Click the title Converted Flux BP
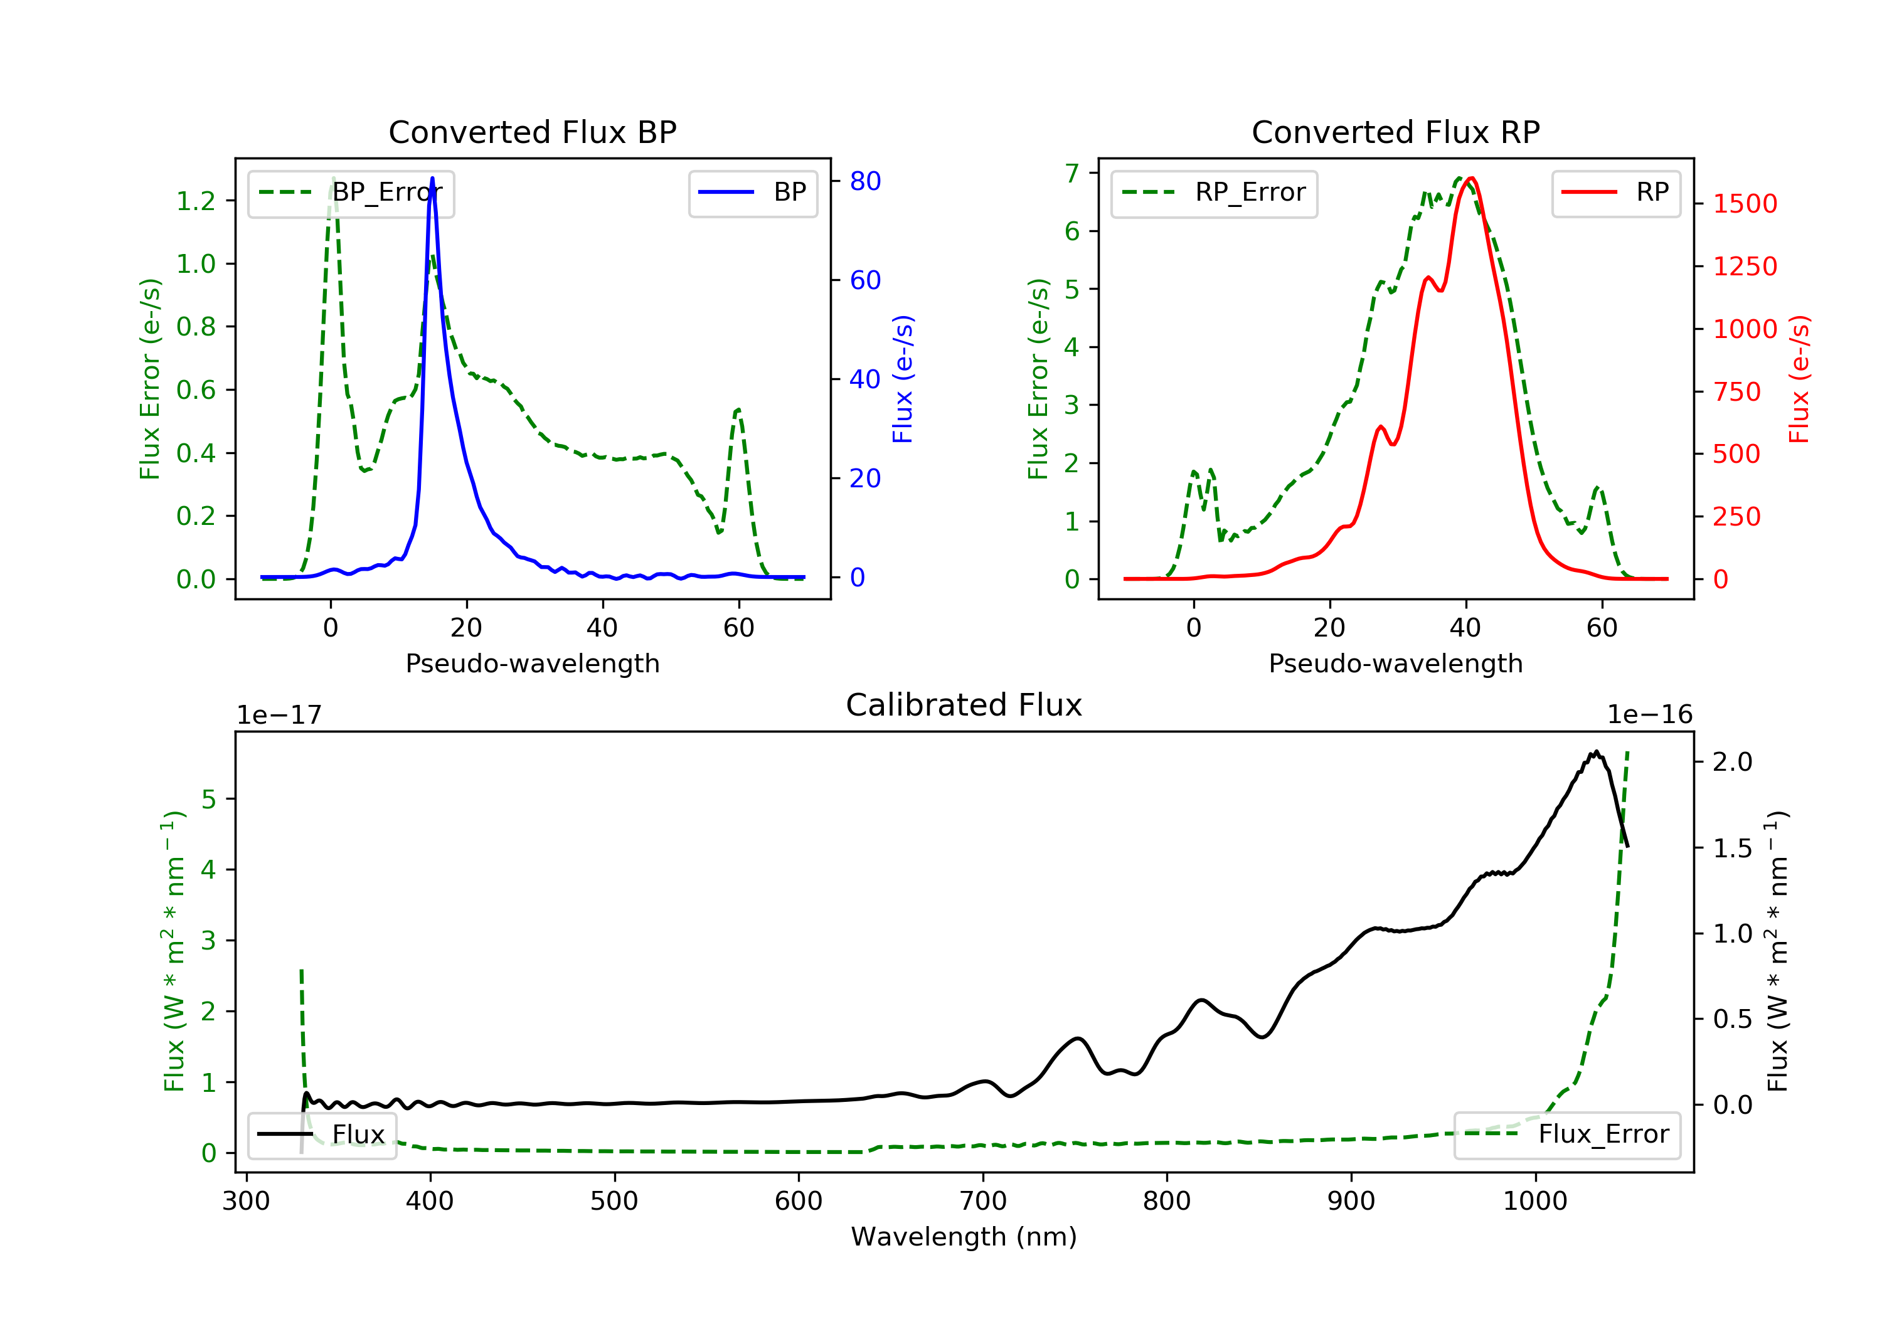[532, 132]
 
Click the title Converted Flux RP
[1395, 132]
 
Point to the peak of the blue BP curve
[432, 178]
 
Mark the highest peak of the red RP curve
[1471, 178]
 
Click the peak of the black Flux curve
[1596, 751]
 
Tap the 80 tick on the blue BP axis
[864, 181]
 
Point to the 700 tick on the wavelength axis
[983, 1202]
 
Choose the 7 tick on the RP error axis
[1071, 173]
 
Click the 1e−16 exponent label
[1649, 715]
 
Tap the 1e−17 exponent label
[279, 716]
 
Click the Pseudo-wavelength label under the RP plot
[1395, 663]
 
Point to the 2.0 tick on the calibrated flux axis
[1732, 762]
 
